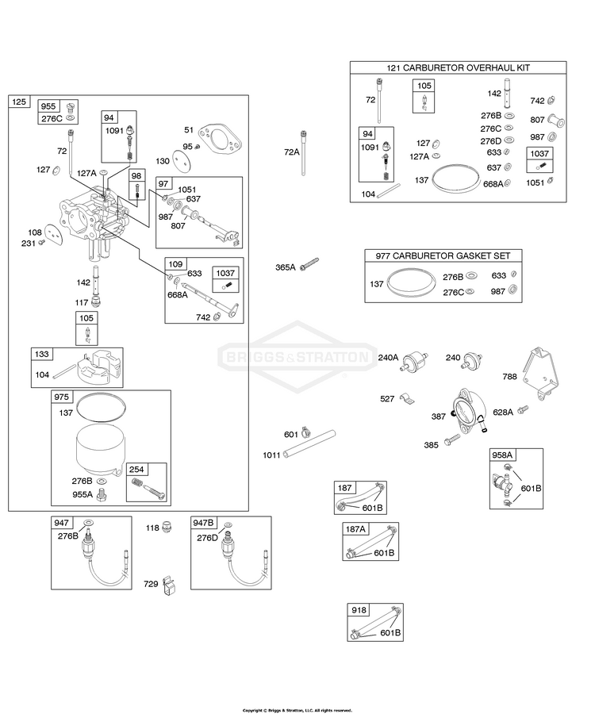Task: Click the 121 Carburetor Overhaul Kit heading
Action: click(458, 68)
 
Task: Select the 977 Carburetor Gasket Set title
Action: click(443, 256)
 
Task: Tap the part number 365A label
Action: click(286, 267)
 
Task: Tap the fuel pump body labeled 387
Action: click(466, 409)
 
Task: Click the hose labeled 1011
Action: click(309, 443)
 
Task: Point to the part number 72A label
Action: click(291, 152)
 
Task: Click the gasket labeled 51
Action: click(220, 138)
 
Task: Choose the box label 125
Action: click(19, 102)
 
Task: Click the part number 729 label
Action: click(151, 584)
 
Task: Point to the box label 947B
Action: click(203, 523)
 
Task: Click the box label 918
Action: click(359, 610)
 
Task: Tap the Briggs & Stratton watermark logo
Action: click(297, 356)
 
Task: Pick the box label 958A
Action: click(502, 455)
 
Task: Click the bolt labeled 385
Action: click(453, 440)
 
